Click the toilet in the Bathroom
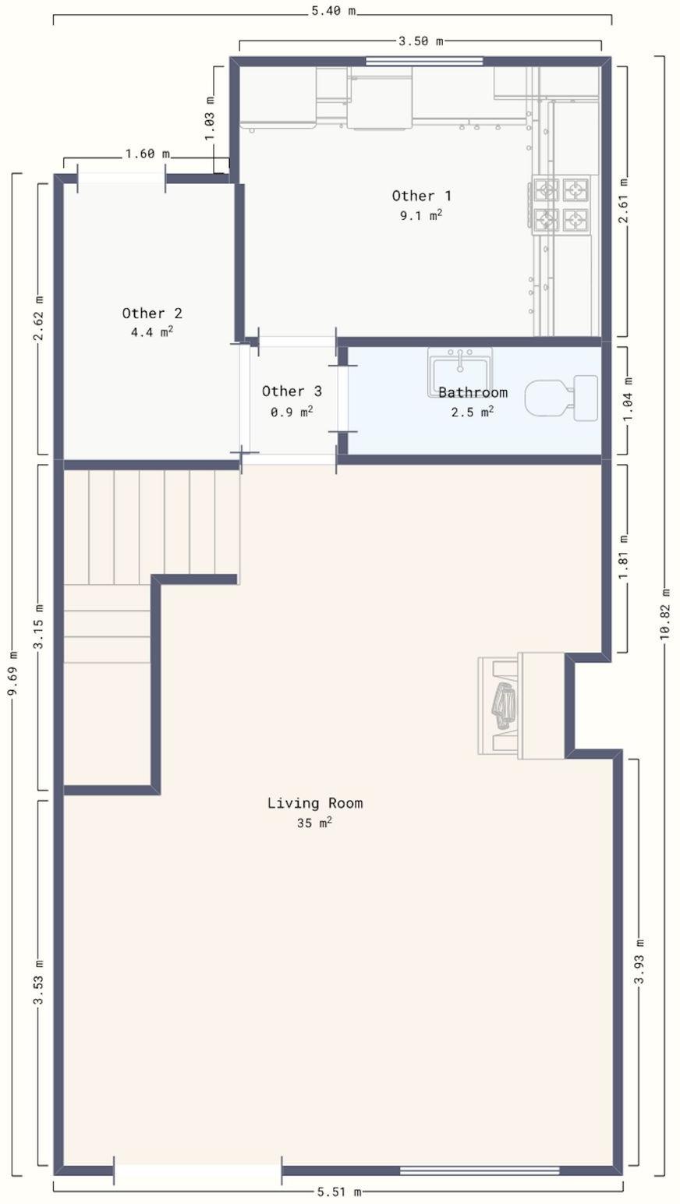coord(561,398)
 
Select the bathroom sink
coord(460,372)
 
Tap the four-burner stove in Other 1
coord(561,205)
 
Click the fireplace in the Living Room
coord(521,705)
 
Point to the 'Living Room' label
coord(315,803)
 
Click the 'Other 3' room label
coord(292,391)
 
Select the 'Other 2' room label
coord(152,313)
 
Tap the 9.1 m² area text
coord(421,215)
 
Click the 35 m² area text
coord(314,823)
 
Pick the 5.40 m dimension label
coord(333,11)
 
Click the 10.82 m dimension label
coord(665,614)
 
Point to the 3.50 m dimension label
coord(421,41)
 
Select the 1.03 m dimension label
coord(210,118)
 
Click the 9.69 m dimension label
coord(13,672)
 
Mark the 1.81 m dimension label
coord(624,557)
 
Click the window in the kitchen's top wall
coord(424,62)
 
